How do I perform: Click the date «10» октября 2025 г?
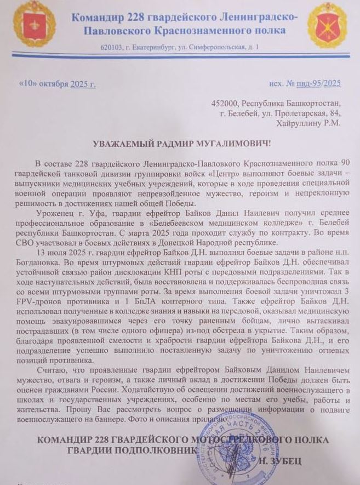57,84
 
